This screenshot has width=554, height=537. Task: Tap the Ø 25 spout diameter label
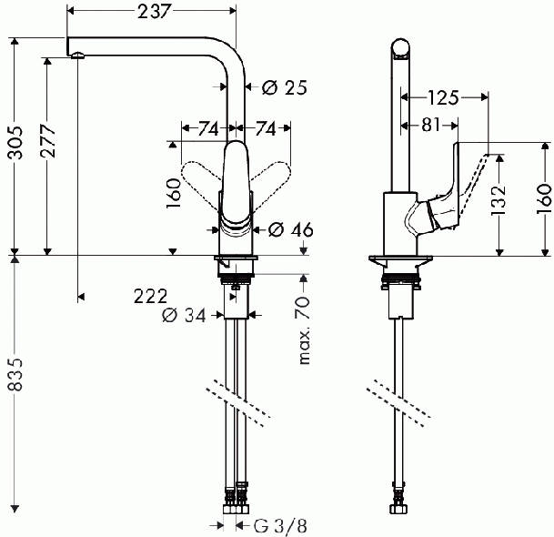tap(284, 87)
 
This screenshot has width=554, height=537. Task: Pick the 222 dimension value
tap(150, 296)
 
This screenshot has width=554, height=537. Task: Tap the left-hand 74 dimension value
tap(207, 128)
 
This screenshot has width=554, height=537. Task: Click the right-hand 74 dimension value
tap(267, 128)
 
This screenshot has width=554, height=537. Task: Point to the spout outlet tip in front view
tap(78, 57)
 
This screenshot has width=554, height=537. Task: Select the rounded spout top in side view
tap(401, 46)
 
